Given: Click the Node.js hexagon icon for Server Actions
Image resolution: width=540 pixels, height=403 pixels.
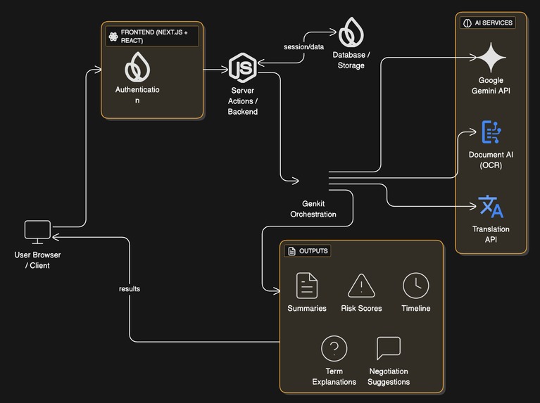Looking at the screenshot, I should click(x=242, y=68).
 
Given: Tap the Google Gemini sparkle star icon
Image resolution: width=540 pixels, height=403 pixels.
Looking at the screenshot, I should click(x=491, y=57).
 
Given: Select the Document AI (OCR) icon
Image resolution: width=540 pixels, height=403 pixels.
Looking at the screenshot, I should click(x=491, y=132).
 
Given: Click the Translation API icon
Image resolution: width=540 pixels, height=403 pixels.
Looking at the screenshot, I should click(x=491, y=207).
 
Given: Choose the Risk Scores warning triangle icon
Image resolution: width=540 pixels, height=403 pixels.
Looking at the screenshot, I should click(x=361, y=286).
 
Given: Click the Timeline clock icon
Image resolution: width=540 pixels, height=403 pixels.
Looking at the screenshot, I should click(x=415, y=286).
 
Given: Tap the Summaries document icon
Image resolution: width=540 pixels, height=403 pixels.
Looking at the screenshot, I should click(x=307, y=286).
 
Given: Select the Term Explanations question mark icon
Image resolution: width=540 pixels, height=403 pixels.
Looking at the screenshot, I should click(x=334, y=348).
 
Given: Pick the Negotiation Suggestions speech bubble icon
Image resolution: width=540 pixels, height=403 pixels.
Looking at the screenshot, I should click(x=389, y=348).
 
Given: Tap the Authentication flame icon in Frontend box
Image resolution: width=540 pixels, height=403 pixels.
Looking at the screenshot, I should click(x=137, y=68).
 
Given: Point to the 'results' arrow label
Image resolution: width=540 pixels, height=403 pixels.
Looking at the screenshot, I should click(x=130, y=288).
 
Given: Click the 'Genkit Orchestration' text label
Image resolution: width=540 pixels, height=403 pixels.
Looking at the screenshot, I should click(x=313, y=208).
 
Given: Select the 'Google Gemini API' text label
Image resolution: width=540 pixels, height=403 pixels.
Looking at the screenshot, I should click(x=491, y=85).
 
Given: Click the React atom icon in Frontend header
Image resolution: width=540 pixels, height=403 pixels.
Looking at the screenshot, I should click(x=113, y=37).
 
